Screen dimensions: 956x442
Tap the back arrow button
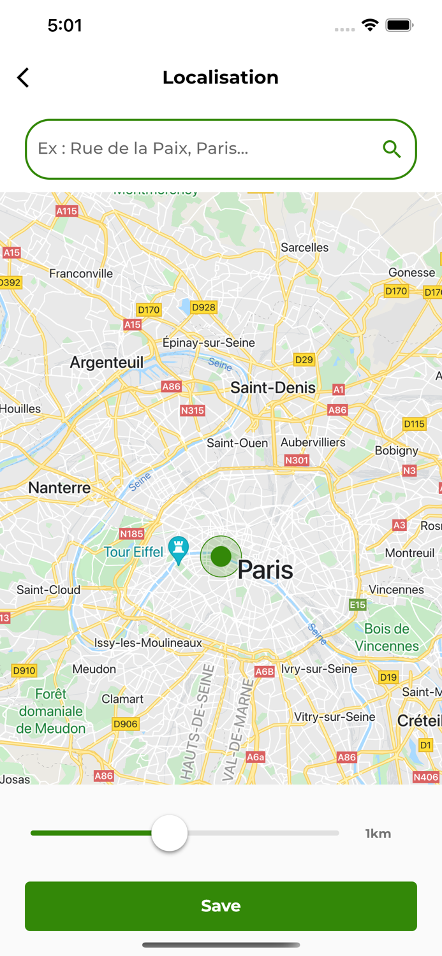(23, 78)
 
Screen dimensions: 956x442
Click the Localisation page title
(221, 77)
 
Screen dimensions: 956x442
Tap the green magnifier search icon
(392, 149)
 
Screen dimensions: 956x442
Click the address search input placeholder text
(143, 148)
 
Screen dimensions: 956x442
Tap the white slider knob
(170, 833)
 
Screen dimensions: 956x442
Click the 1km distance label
(378, 834)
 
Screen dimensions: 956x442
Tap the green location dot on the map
(221, 556)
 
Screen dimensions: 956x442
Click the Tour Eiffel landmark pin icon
(178, 549)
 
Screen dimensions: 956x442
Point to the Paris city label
(265, 570)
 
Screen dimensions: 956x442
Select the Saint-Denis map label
(273, 387)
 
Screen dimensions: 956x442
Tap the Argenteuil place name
(107, 363)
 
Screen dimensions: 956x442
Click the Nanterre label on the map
(59, 488)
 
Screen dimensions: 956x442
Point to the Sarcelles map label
(305, 247)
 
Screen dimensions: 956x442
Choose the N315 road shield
(192, 410)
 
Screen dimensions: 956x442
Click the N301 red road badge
(297, 460)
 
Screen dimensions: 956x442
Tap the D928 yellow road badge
(203, 307)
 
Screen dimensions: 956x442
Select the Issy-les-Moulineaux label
(148, 643)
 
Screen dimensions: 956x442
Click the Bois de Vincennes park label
(387, 637)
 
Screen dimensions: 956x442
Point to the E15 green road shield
(358, 605)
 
